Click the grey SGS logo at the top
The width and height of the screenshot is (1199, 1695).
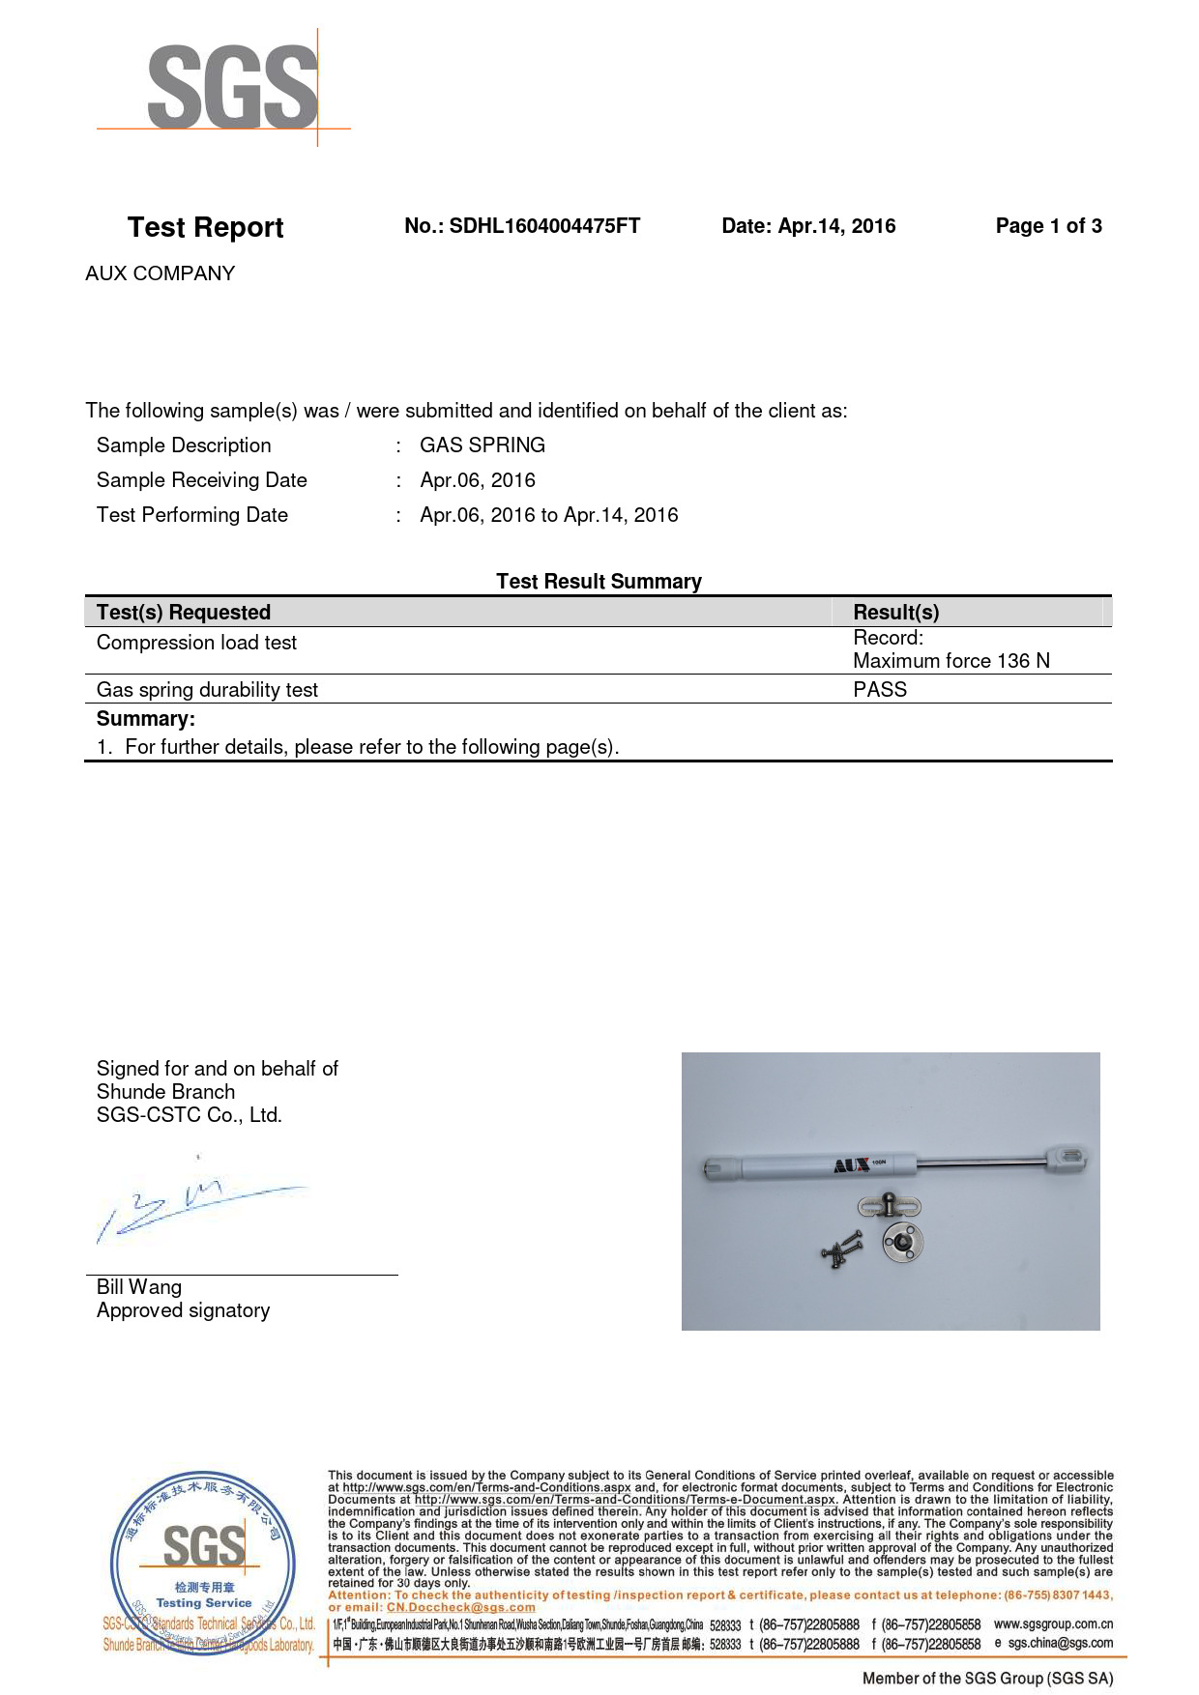(232, 88)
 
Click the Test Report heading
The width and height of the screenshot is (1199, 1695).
(205, 228)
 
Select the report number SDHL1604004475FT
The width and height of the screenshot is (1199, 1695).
(544, 226)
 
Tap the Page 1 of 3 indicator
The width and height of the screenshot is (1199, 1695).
(1048, 226)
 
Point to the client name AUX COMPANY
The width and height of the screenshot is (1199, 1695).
(161, 273)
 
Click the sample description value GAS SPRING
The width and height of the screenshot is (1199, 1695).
(483, 445)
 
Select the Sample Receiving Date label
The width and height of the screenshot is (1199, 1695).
(201, 480)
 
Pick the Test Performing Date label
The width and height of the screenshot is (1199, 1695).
(192, 515)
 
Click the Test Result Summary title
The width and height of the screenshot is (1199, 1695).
(599, 582)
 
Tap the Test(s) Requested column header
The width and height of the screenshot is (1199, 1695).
(184, 613)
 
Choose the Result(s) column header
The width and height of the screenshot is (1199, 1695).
(895, 613)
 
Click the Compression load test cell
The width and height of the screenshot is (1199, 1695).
(196, 643)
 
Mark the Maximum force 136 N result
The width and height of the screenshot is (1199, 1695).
(950, 661)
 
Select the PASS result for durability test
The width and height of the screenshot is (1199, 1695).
(880, 690)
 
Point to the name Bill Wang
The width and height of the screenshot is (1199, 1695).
(139, 1287)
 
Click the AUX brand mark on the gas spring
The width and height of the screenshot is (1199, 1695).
(852, 1166)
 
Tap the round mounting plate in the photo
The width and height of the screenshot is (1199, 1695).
(902, 1242)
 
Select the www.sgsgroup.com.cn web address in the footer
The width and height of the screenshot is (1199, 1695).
(1053, 1624)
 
